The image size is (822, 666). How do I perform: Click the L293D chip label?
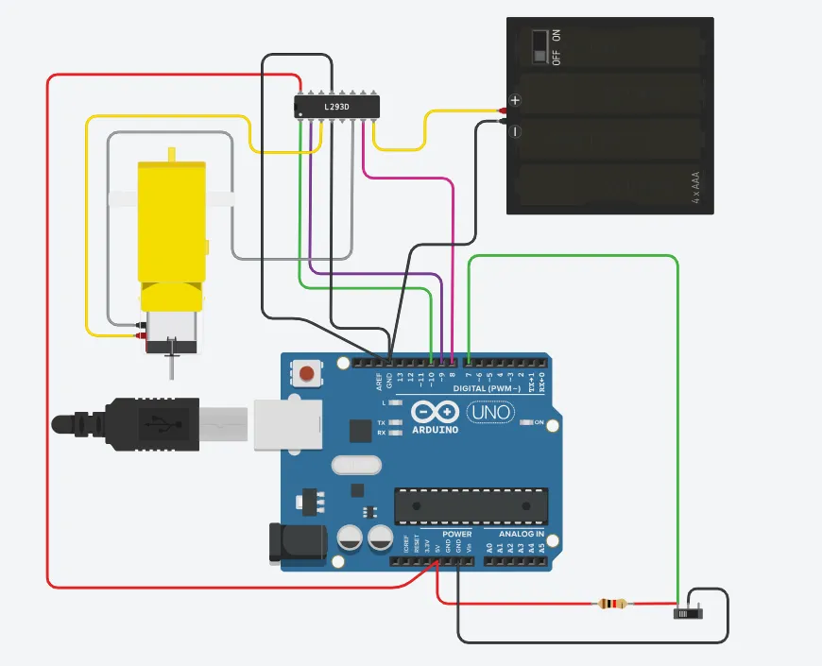point(337,107)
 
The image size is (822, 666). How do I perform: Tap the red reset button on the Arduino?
point(306,374)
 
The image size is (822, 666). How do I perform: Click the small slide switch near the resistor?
point(691,613)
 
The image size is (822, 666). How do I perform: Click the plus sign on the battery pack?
point(515,100)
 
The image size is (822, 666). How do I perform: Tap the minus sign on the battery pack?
point(516,132)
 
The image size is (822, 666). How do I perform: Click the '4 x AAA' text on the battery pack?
point(696,188)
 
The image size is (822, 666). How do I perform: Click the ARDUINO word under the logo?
point(435,430)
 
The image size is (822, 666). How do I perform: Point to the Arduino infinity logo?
point(436,413)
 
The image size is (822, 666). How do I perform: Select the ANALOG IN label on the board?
point(521,534)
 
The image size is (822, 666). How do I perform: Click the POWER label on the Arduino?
point(456,534)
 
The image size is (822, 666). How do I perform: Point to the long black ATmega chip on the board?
point(471,505)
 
